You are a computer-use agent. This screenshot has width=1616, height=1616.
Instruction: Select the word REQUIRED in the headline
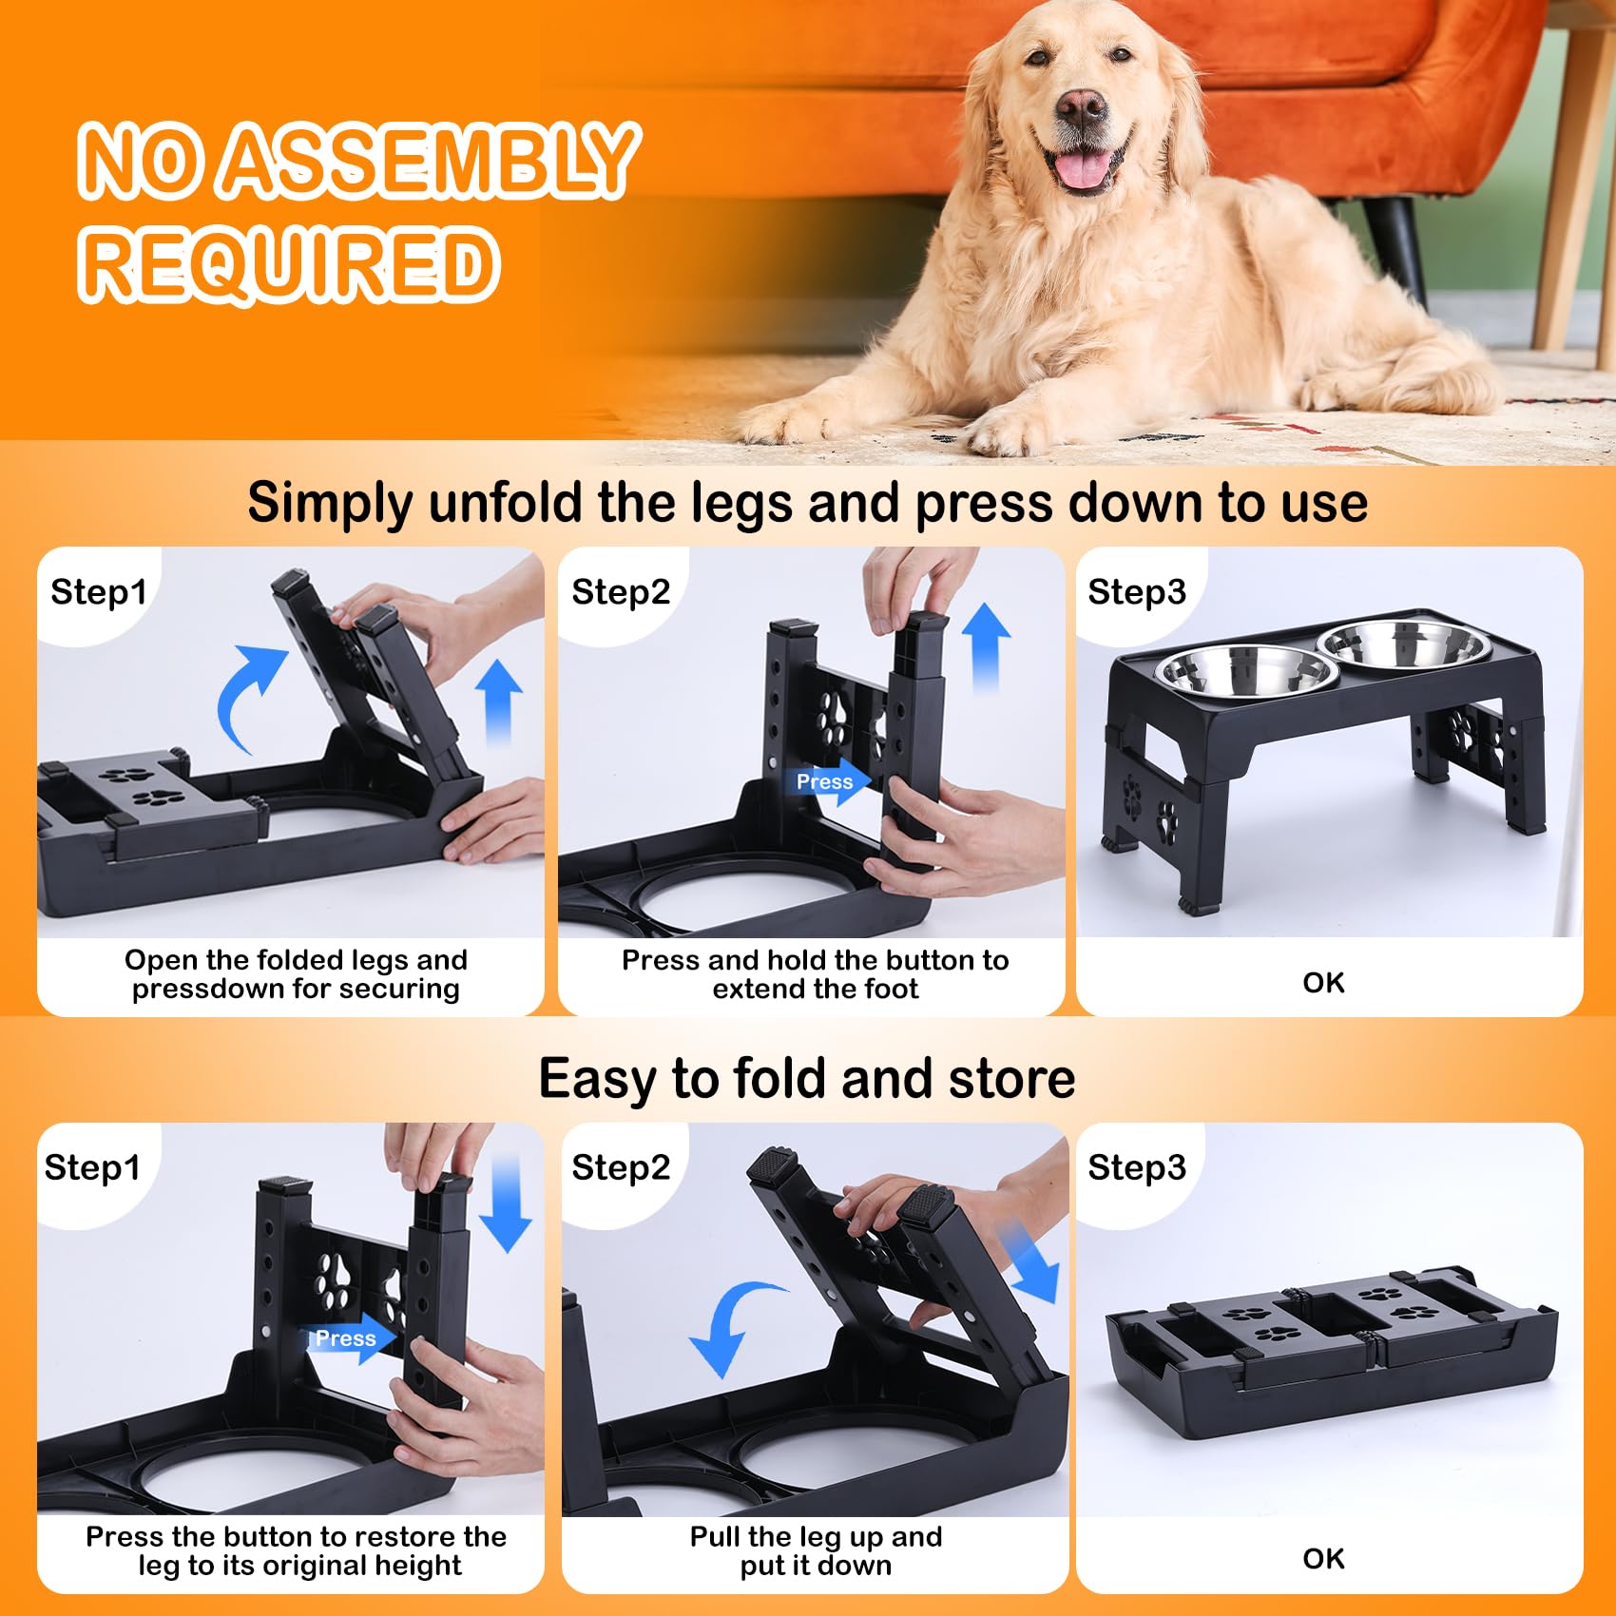point(289,263)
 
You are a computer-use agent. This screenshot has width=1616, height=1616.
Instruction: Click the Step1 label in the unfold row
point(99,591)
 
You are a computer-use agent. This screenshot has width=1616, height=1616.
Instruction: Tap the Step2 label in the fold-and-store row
point(621,1166)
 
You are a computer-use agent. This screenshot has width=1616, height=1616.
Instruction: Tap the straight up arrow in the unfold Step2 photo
point(987,646)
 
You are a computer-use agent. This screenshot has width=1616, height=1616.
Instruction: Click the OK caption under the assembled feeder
point(1323,982)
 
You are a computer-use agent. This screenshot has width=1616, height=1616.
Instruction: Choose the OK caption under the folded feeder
point(1323,1558)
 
